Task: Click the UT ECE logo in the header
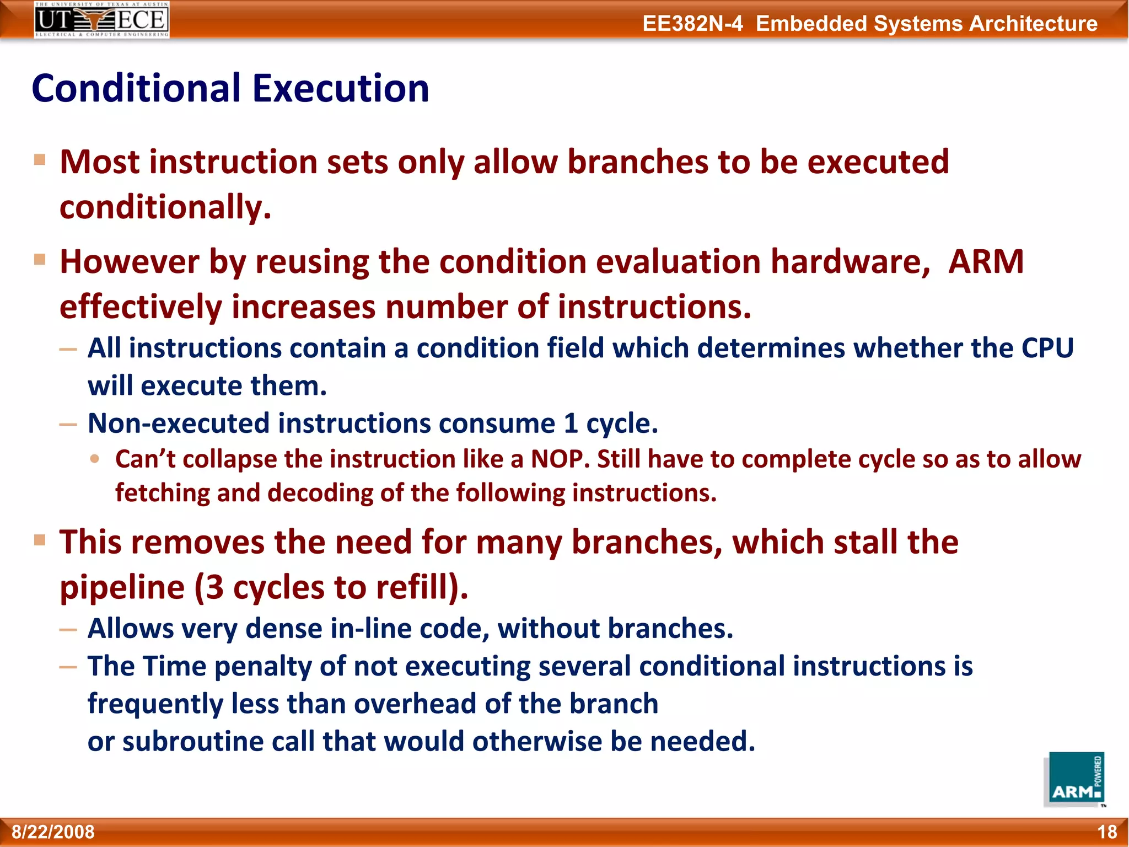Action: click(x=101, y=19)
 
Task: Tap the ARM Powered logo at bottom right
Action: click(x=1074, y=779)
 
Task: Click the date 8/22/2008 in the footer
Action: click(x=53, y=832)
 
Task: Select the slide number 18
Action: click(x=1106, y=832)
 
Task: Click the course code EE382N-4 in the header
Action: click(x=692, y=24)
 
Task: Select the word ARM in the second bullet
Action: click(x=986, y=261)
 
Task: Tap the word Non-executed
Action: click(x=178, y=423)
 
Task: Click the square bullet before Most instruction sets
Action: click(x=40, y=160)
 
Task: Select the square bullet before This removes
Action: click(x=40, y=539)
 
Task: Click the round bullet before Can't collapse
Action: click(x=95, y=458)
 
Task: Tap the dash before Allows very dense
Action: click(x=68, y=629)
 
